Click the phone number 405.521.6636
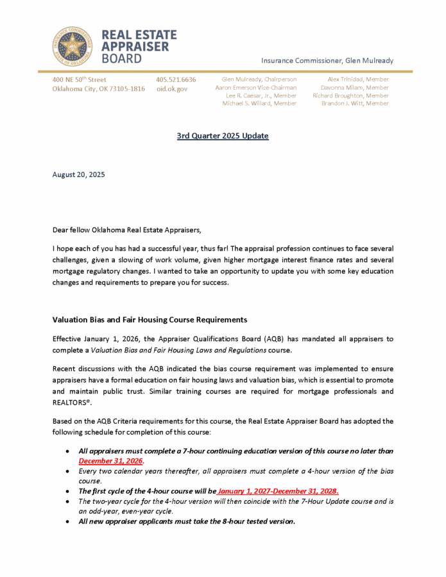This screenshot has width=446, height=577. (x=176, y=79)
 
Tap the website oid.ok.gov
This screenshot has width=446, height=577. (x=172, y=89)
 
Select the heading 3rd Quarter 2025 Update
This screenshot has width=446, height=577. (x=223, y=136)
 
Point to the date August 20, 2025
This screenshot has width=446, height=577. (x=78, y=174)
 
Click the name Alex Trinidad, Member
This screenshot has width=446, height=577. (x=358, y=79)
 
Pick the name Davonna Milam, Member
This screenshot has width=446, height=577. (x=355, y=88)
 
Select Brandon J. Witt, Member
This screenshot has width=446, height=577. (x=355, y=103)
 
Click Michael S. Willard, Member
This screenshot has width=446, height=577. (x=259, y=103)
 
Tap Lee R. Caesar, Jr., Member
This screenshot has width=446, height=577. (x=261, y=96)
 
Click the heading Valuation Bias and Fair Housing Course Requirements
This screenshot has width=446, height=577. (x=150, y=319)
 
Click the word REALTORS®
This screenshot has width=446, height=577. (x=72, y=402)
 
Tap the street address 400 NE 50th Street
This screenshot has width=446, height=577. (x=80, y=79)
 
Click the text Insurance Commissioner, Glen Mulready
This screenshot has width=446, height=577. (x=327, y=60)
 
